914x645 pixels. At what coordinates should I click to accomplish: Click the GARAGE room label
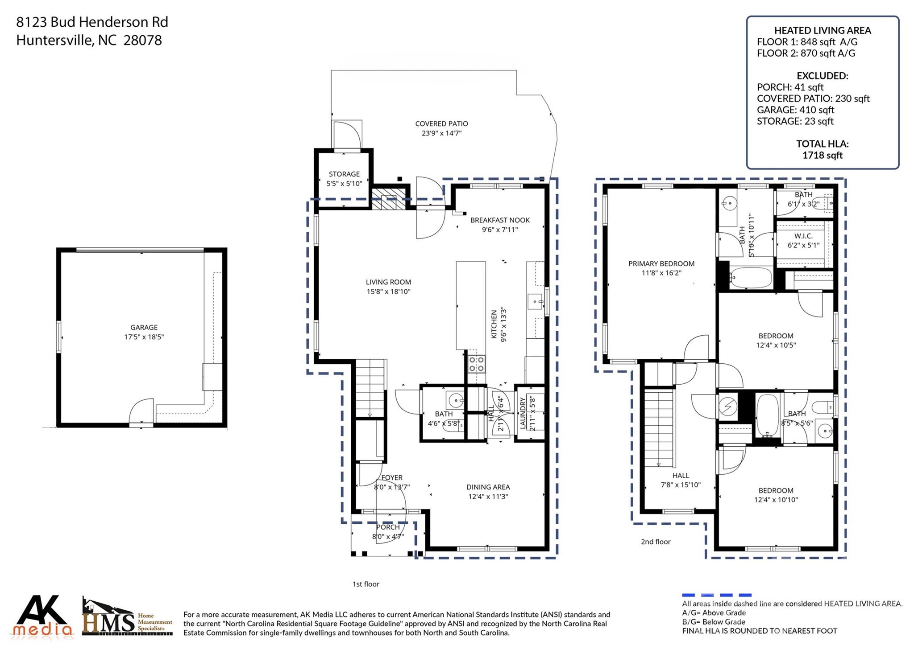tap(144, 327)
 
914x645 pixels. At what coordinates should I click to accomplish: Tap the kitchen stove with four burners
tap(476, 364)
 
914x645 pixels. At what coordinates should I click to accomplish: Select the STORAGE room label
tap(344, 174)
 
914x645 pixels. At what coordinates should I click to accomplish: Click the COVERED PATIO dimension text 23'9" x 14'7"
tap(441, 133)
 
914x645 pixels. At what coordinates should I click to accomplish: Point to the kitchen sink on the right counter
tap(535, 302)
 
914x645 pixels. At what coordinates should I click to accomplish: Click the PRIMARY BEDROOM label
tap(661, 263)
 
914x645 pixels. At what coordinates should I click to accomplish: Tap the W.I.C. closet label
tap(803, 236)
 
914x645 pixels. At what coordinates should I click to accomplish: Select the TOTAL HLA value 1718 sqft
tap(822, 155)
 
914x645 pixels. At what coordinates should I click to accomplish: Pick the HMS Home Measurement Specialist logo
tap(127, 618)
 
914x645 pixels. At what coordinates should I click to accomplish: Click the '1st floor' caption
tap(366, 584)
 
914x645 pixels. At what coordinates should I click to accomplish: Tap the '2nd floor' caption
tap(656, 542)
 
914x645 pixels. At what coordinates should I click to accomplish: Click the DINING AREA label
tap(488, 487)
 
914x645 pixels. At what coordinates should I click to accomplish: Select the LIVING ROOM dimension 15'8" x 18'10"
tap(388, 292)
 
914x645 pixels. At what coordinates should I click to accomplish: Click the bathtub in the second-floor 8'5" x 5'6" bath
tap(767, 415)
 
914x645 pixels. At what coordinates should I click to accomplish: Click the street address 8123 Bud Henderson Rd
tap(92, 22)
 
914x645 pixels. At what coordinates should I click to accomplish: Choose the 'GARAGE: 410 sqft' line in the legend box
tap(795, 110)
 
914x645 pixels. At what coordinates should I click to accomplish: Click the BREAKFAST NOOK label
tap(500, 220)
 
